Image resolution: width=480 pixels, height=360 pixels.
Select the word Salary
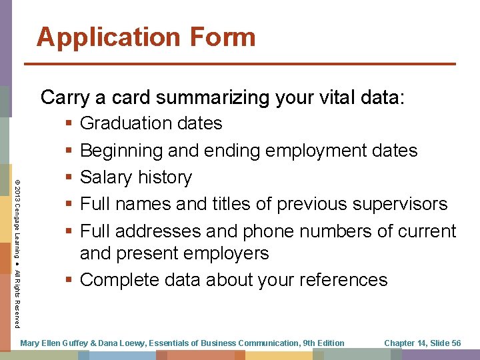[106, 177]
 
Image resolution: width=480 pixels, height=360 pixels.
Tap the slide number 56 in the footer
[455, 343]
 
